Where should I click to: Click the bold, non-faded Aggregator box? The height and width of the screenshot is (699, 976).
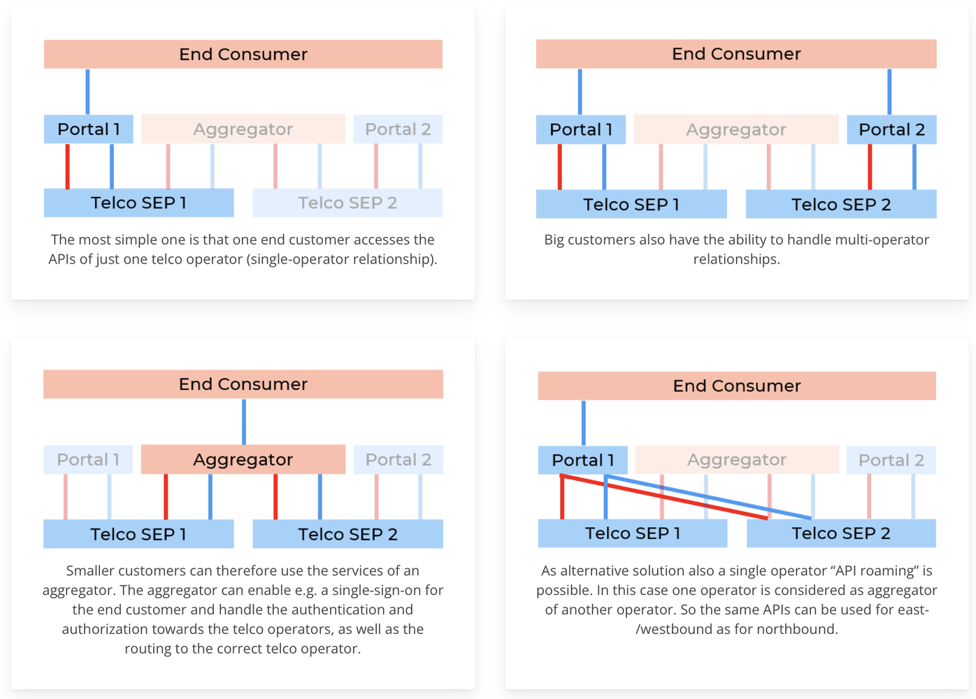(243, 459)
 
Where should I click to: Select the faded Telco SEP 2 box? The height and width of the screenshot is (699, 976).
(347, 203)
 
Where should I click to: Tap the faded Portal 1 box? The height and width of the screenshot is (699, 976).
(88, 459)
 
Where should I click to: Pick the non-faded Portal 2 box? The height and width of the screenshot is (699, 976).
(891, 129)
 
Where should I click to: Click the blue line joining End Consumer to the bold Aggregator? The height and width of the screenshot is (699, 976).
(243, 421)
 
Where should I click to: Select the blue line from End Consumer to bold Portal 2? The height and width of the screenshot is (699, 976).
(889, 92)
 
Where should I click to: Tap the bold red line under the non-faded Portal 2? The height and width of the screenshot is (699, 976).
(870, 166)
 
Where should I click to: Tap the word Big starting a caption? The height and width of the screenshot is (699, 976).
(554, 240)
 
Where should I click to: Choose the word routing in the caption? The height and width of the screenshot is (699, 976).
(146, 649)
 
